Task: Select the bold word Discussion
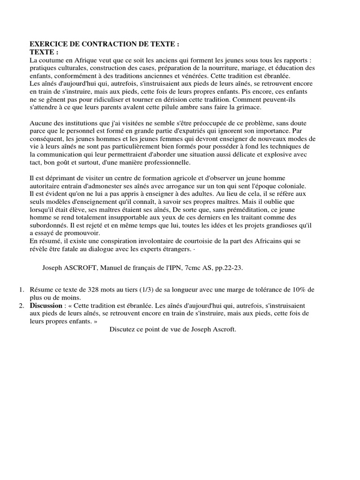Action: pyautogui.click(x=46, y=305)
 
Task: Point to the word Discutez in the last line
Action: pyautogui.click(x=123, y=329)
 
